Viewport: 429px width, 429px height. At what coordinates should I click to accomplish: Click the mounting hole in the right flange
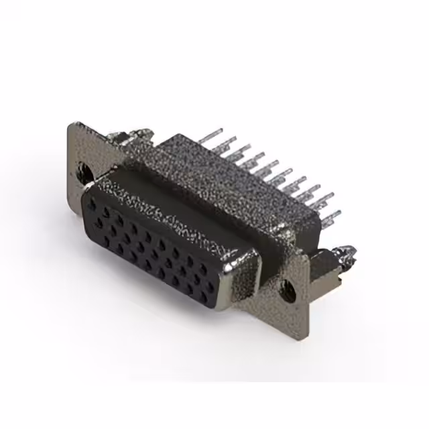point(290,290)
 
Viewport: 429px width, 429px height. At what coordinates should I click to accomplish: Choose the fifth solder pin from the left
point(265,168)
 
